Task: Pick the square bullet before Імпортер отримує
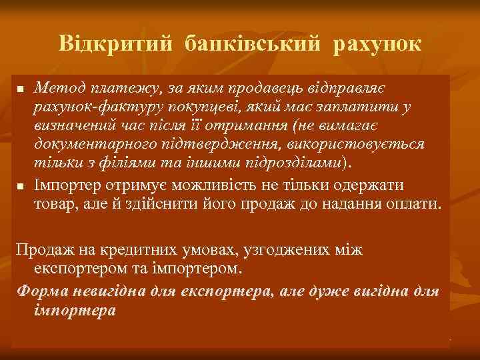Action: tap(21, 185)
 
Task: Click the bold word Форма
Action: tap(39, 291)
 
